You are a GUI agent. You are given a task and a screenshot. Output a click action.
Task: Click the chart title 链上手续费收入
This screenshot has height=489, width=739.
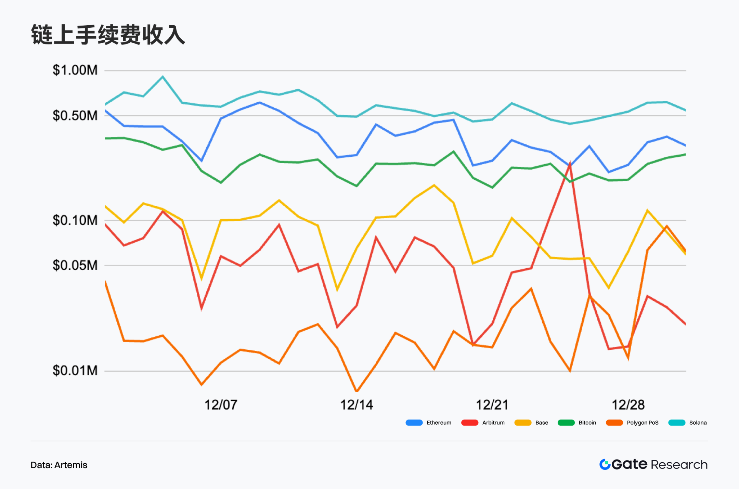click(108, 35)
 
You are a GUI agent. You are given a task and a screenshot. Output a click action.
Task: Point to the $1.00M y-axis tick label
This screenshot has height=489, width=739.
click(75, 70)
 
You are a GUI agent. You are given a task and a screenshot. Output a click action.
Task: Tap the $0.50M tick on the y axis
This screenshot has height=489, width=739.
click(75, 116)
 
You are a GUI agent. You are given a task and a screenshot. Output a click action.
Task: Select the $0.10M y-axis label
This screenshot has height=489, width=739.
click(75, 220)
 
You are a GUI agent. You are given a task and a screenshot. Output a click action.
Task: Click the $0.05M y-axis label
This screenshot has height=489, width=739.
click(75, 265)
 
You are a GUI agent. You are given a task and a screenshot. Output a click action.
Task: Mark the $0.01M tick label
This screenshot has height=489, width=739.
click(75, 371)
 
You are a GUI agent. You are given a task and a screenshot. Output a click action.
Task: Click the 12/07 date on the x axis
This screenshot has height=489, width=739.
click(221, 405)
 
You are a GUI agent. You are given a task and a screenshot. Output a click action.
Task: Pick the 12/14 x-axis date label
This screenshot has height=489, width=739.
click(356, 405)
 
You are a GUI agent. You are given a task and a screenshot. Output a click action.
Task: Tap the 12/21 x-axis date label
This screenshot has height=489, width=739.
click(492, 405)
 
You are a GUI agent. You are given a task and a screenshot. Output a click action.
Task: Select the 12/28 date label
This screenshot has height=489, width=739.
click(628, 405)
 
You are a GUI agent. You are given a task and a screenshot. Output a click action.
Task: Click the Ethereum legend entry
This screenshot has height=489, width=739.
click(429, 423)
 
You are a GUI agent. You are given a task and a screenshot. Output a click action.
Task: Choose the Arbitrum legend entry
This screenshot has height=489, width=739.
click(483, 423)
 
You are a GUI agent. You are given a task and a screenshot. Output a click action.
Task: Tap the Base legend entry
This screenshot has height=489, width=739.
click(531, 423)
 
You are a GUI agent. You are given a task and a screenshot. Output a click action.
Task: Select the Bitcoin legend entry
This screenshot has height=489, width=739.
click(577, 423)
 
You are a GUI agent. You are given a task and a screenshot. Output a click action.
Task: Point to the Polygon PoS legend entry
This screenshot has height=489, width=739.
click(632, 423)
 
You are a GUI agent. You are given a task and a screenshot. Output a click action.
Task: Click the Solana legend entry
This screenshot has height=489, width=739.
click(688, 423)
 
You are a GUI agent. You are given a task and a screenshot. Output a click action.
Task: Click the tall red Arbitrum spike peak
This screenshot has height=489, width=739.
click(570, 164)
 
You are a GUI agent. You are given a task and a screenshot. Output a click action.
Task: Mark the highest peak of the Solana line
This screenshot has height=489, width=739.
click(163, 77)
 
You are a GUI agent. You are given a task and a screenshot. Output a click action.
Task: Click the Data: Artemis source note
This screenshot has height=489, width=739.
click(59, 465)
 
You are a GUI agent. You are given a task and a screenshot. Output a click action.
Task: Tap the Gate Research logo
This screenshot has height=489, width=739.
click(653, 464)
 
